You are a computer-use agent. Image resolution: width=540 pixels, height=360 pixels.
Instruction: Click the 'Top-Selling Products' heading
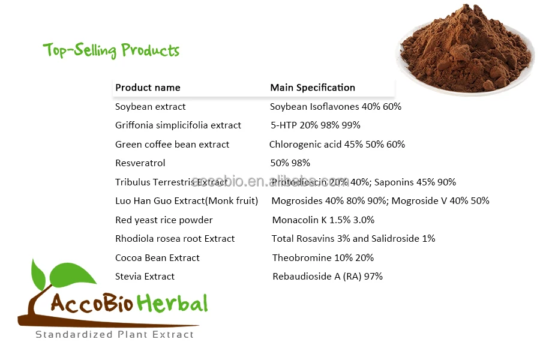click(111, 50)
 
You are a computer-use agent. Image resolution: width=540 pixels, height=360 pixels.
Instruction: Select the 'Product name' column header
click(148, 88)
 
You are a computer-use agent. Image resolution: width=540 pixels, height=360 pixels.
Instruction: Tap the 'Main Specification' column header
click(313, 88)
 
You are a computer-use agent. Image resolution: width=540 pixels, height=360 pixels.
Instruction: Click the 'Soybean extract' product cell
click(151, 107)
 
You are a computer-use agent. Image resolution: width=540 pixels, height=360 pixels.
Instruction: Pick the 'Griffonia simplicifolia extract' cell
click(178, 125)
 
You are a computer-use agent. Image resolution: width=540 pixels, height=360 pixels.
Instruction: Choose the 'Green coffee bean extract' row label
click(172, 145)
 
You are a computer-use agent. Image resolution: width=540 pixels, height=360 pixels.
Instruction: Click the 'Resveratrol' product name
click(140, 163)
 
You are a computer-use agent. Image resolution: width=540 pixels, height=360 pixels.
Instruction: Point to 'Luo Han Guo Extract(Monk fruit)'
click(187, 201)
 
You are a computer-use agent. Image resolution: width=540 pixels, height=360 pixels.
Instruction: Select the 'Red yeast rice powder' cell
click(164, 220)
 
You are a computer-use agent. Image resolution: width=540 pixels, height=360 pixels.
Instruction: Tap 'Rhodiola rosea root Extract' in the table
click(175, 239)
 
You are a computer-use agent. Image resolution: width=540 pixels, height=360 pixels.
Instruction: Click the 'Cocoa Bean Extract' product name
click(157, 258)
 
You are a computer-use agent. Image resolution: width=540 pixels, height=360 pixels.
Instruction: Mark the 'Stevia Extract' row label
click(145, 277)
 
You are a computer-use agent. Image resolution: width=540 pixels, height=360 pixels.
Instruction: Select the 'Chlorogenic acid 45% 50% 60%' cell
click(337, 145)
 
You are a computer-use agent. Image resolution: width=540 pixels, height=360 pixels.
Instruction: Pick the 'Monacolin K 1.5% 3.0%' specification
click(323, 220)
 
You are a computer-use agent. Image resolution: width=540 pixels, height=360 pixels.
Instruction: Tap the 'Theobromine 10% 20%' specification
click(323, 258)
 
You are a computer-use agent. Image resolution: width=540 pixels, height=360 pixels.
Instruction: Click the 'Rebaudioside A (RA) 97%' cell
click(328, 277)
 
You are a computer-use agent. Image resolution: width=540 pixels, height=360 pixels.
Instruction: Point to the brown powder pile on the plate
click(465, 51)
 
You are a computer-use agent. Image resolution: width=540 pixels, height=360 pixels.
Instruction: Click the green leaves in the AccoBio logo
click(66, 273)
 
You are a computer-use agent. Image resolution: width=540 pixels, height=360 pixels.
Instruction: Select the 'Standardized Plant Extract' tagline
click(115, 335)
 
